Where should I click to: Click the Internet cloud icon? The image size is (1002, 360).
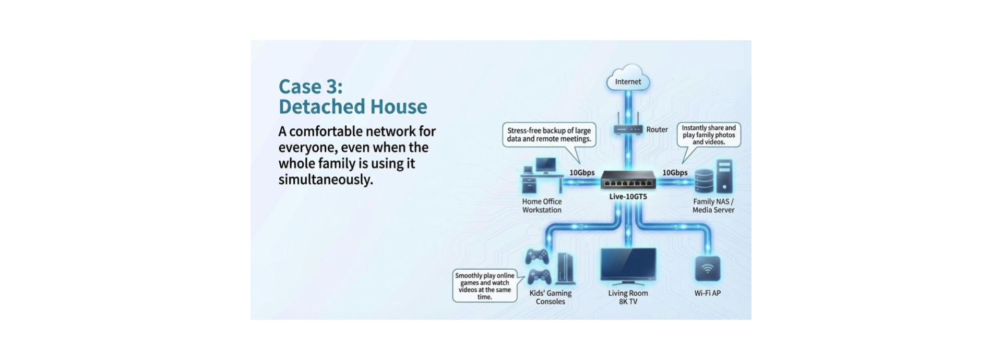[x=628, y=80]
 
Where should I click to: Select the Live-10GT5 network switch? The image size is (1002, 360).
[x=628, y=181]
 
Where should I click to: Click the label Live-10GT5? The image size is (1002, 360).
[x=628, y=197]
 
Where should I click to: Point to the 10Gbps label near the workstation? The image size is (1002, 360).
[x=582, y=173]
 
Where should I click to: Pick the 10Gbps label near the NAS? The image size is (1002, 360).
[x=675, y=173]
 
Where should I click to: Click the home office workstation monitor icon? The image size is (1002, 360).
[x=545, y=166]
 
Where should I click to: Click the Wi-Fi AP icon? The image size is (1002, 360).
[x=707, y=269]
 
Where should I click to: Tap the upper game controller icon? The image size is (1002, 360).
[x=537, y=256]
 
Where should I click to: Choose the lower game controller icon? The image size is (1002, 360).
[x=539, y=277]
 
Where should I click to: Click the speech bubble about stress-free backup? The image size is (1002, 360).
[x=549, y=135]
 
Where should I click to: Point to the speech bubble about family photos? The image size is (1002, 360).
[x=709, y=135]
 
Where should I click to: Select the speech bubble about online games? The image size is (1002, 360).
[x=484, y=286]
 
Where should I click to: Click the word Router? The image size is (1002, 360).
[x=657, y=129]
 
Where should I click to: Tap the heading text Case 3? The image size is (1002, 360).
[x=311, y=86]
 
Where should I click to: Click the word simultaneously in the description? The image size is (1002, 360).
[x=326, y=179]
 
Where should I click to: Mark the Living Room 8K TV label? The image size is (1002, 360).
[x=628, y=297]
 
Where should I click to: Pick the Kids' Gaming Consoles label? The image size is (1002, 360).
[x=551, y=297]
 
